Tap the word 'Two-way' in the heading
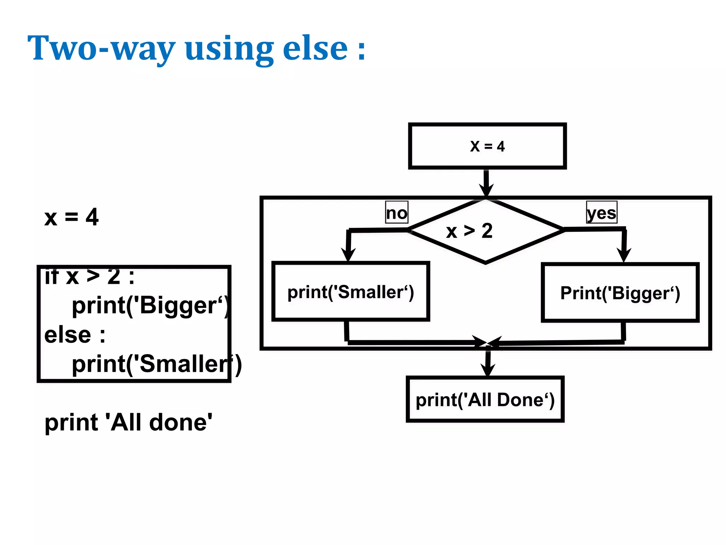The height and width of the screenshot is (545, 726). click(101, 49)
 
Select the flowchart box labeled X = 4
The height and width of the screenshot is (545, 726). click(487, 146)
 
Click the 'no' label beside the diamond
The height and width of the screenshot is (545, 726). click(397, 213)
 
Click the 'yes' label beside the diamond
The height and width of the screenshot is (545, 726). click(602, 213)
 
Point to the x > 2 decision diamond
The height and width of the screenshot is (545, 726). click(485, 231)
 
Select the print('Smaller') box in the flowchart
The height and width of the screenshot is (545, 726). click(351, 292)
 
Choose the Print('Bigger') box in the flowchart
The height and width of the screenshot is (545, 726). click(620, 293)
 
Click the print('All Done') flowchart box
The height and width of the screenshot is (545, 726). click(485, 400)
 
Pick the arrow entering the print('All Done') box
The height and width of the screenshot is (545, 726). click(488, 365)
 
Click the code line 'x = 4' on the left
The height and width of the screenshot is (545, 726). click(71, 217)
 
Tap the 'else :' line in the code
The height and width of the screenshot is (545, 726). click(75, 335)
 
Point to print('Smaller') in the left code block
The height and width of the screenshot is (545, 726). click(156, 364)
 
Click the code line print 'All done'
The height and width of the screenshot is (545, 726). click(128, 422)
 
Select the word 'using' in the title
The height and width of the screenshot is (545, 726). click(229, 49)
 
